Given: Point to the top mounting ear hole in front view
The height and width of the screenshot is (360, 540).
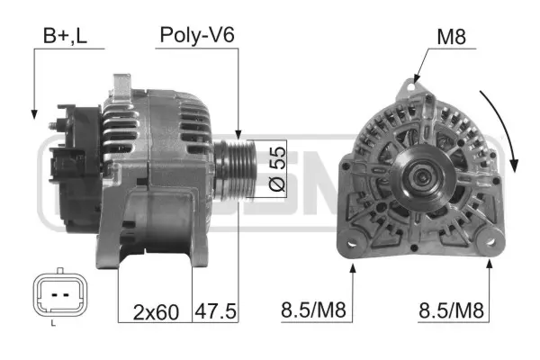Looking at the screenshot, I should click(413, 87).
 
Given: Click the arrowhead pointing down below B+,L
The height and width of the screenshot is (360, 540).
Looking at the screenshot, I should click(33, 113).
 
